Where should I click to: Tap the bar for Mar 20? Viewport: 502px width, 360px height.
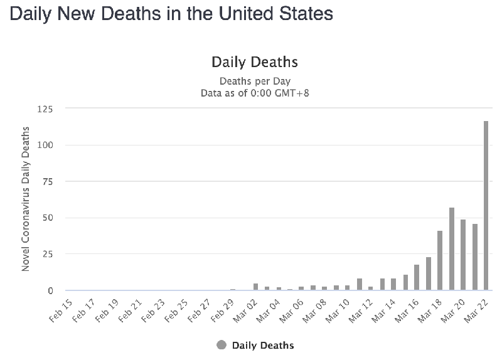tap(463, 255)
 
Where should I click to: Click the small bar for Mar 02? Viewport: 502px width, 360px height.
tap(255, 287)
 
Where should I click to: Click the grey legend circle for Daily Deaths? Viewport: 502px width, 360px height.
tap(222, 345)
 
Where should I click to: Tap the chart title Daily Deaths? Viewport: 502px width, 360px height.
tap(254, 62)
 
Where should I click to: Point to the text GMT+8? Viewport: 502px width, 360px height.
tap(292, 92)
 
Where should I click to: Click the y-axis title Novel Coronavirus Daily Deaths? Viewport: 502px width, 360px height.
tap(26, 199)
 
